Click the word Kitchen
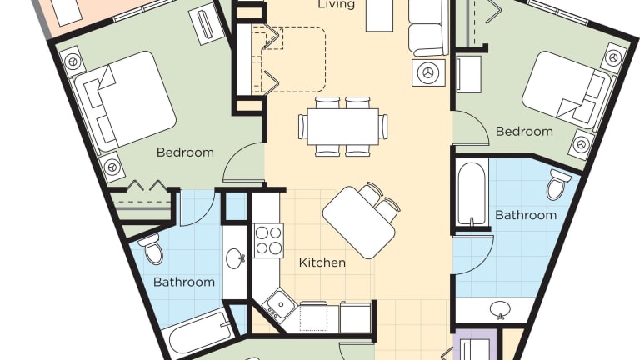click(x=322, y=262)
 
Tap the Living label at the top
click(x=336, y=4)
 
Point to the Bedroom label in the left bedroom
click(x=185, y=152)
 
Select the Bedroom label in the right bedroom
click(x=524, y=132)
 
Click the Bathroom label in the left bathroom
click(x=184, y=282)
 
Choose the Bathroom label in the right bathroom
click(x=526, y=215)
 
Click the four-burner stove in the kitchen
click(x=268, y=240)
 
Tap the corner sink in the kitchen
click(x=280, y=304)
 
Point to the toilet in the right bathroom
click(x=558, y=183)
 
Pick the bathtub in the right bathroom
click(x=472, y=193)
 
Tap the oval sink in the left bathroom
click(x=235, y=258)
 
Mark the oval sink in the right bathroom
click(x=500, y=309)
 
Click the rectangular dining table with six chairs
click(x=342, y=127)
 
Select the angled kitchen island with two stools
click(x=360, y=221)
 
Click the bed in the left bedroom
click(x=124, y=101)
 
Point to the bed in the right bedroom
click(x=567, y=88)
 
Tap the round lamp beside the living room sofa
click(x=428, y=73)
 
